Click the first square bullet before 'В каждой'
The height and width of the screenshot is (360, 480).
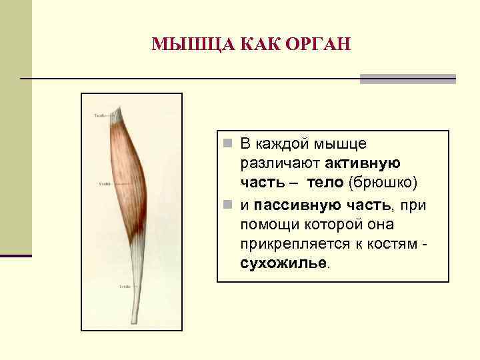(228, 143)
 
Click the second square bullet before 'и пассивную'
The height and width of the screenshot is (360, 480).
(228, 203)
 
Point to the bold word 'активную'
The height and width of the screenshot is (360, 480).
(363, 163)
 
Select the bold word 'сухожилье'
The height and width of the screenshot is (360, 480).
(283, 263)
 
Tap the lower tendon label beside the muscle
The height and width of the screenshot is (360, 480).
(125, 287)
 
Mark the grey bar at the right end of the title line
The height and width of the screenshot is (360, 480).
(408, 79)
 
